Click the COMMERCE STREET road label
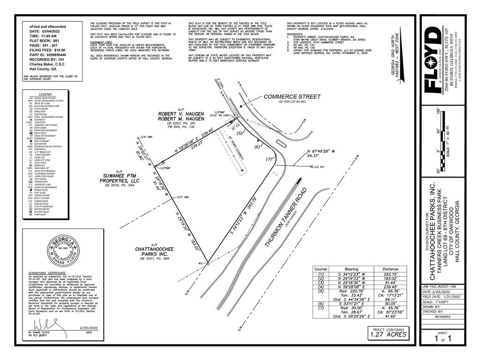[292, 97]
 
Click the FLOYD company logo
[431, 60]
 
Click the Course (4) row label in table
[321, 291]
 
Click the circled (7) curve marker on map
[269, 159]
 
